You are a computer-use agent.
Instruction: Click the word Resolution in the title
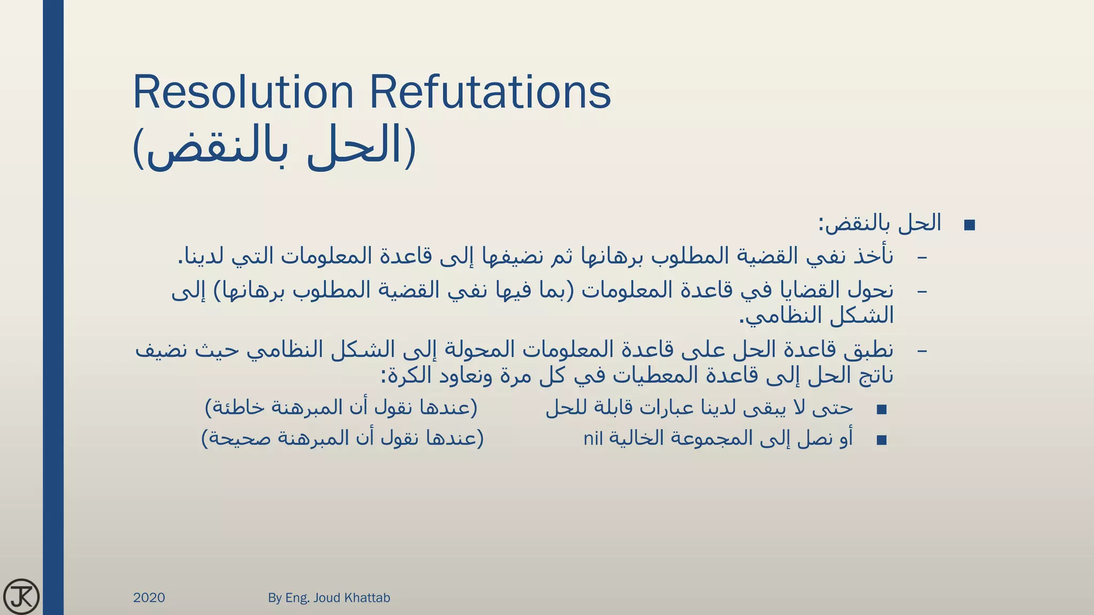243,92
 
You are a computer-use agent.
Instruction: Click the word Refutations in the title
490,92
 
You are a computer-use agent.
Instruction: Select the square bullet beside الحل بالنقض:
970,225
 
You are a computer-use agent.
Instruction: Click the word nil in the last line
593,439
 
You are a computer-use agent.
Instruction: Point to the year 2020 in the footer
149,597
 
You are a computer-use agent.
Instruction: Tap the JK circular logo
21,596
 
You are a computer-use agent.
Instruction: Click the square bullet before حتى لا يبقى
881,409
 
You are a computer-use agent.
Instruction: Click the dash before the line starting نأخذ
921,258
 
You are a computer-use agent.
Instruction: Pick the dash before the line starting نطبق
921,351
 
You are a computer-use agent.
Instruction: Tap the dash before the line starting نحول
921,291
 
